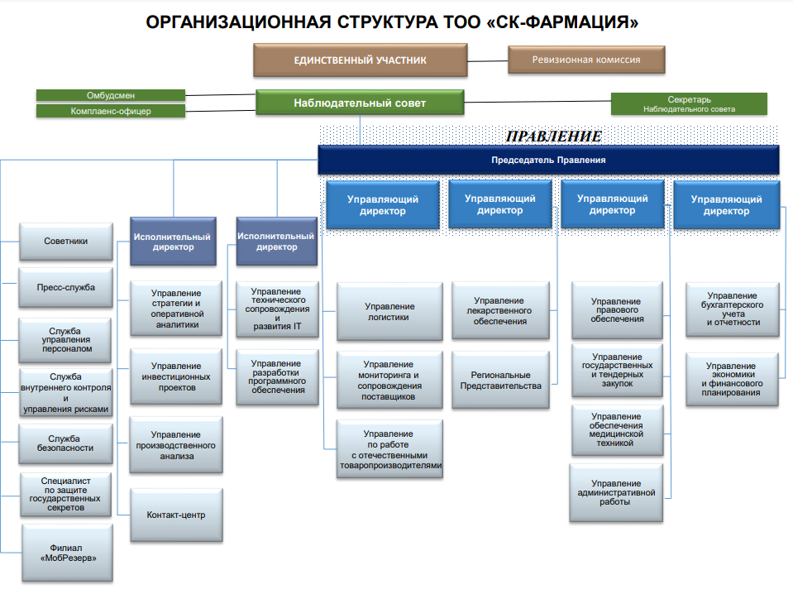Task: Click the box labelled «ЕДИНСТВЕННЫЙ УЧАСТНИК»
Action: [x=360, y=60]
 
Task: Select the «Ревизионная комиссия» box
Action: [x=586, y=60]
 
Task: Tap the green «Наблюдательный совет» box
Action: [x=360, y=103]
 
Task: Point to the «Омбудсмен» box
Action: [x=111, y=95]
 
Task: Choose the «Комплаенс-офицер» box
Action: [x=111, y=111]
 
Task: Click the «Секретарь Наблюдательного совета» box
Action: [x=689, y=103]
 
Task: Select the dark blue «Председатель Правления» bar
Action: [x=548, y=160]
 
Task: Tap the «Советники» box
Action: [x=65, y=242]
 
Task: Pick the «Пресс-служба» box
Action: [x=65, y=288]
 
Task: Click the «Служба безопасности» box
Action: [x=65, y=443]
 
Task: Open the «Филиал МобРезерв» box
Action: [x=65, y=552]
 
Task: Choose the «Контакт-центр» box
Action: [x=176, y=515]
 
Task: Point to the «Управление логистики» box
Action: [x=389, y=311]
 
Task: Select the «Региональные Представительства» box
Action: [x=500, y=381]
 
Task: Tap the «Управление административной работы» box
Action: [x=617, y=493]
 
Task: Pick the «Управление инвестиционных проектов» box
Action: [x=176, y=376]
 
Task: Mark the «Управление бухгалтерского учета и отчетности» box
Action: [x=733, y=309]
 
